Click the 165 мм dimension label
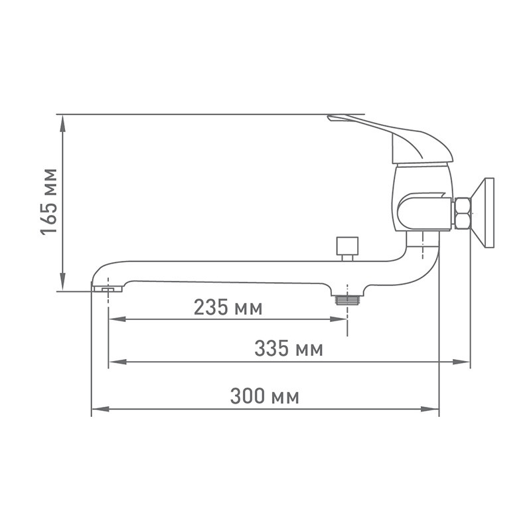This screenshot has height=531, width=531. click(48, 202)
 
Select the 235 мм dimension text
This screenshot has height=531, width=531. click(228, 307)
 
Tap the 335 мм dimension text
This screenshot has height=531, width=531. click(289, 348)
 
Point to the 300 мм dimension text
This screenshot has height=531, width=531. click(264, 396)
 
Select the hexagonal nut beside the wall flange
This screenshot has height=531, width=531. click(463, 214)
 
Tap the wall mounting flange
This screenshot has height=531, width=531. click(483, 213)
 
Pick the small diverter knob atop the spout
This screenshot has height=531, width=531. click(347, 249)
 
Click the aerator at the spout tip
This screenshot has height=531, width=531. click(107, 289)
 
